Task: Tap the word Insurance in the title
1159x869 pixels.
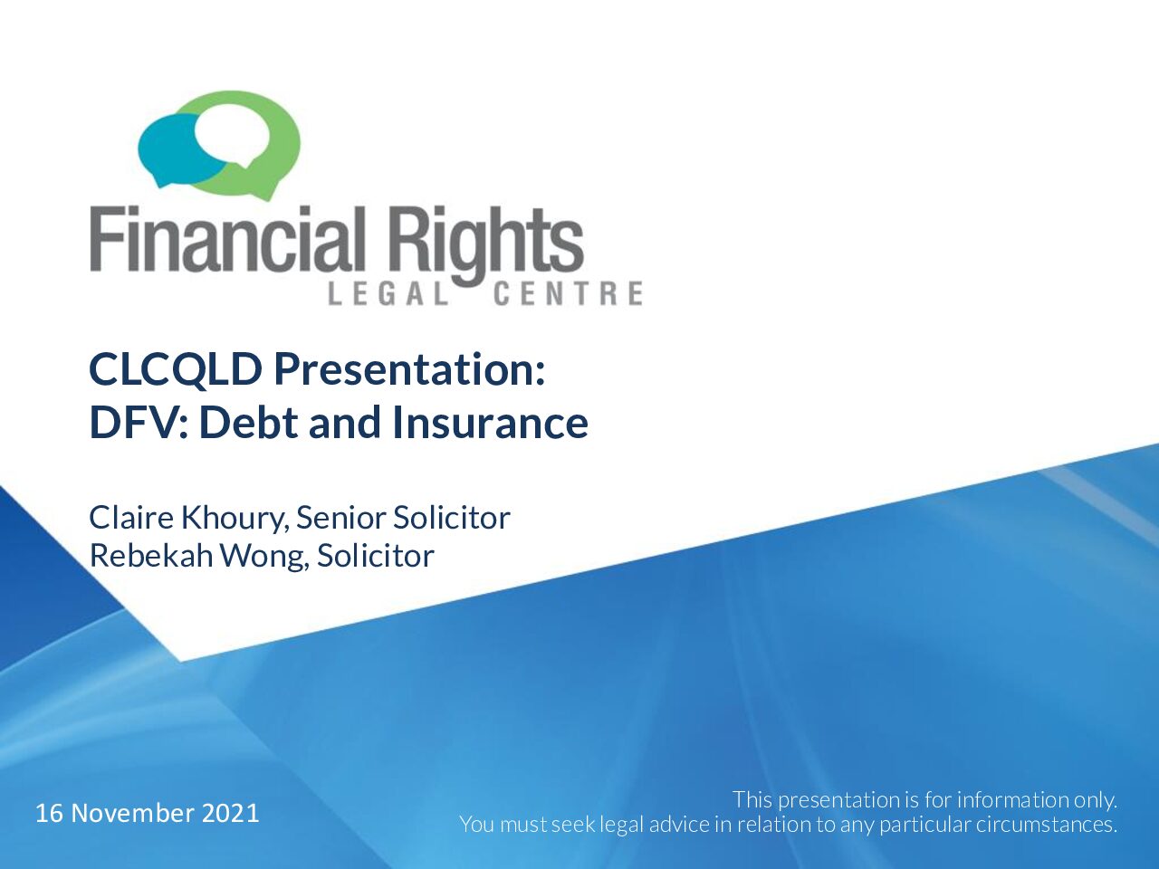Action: (x=491, y=422)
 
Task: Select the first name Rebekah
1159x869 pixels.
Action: (x=151, y=556)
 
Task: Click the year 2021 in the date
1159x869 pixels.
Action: (x=231, y=813)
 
